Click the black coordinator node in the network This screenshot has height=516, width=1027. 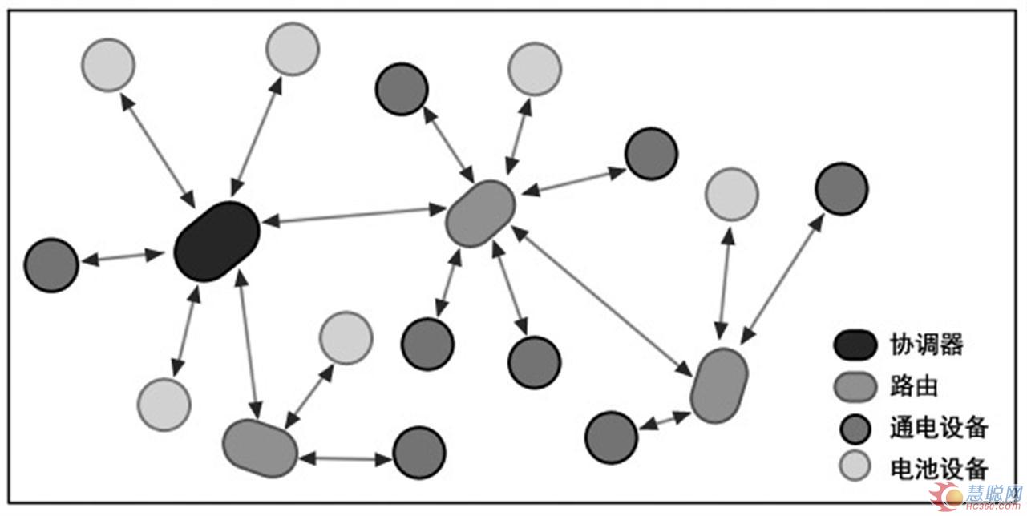tap(217, 241)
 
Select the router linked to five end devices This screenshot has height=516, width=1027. tap(479, 213)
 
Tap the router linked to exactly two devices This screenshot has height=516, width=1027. tap(260, 448)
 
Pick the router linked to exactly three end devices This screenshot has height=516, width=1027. tap(719, 385)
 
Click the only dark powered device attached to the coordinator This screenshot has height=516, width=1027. tap(51, 264)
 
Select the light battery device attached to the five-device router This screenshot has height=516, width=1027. tap(534, 69)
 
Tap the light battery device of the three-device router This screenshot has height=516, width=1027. tap(731, 194)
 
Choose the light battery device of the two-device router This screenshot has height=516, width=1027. tap(346, 337)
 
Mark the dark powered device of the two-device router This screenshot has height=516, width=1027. tap(418, 453)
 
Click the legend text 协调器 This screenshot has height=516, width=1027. tap(926, 345)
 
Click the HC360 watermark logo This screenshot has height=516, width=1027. tap(982, 498)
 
